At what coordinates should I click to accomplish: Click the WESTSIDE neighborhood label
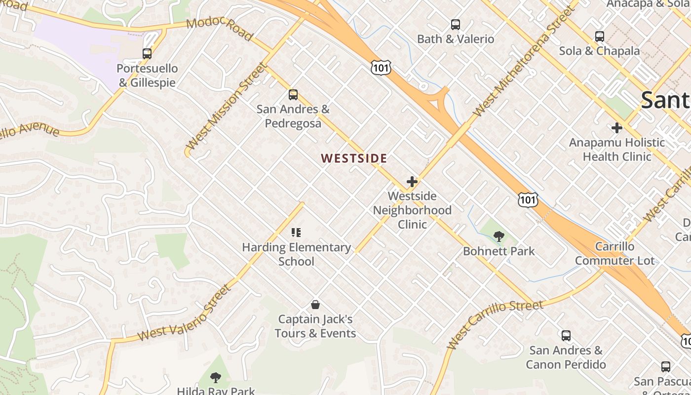[x=354, y=158]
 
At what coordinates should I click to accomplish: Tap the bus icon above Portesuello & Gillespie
[x=147, y=54]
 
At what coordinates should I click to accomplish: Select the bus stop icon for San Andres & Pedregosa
[x=293, y=94]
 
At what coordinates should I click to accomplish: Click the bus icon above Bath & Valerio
[x=456, y=25]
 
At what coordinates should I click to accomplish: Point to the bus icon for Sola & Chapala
[x=599, y=37]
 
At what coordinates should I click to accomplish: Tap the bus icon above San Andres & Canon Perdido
[x=566, y=336]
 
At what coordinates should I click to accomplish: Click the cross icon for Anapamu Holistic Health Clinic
[x=616, y=128]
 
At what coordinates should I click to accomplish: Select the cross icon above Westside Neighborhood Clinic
[x=412, y=182]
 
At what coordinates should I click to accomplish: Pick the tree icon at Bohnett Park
[x=499, y=237]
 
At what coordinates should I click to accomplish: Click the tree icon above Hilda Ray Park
[x=215, y=378]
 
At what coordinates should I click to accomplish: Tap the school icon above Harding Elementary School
[x=296, y=232]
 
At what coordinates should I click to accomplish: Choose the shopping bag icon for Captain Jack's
[x=315, y=305]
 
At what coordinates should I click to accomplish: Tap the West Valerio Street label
[x=184, y=313]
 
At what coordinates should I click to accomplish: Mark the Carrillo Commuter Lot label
[x=614, y=253]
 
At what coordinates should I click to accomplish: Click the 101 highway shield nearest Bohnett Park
[x=528, y=199]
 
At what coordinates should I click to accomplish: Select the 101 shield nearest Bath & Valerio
[x=381, y=68]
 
